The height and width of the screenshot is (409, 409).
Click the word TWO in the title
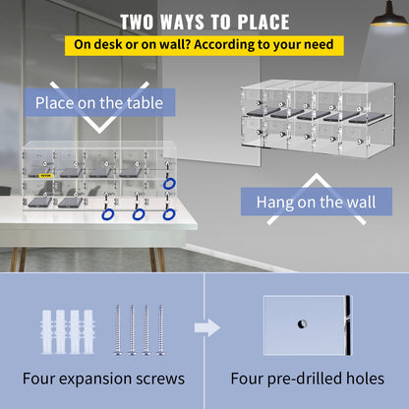coord(142,22)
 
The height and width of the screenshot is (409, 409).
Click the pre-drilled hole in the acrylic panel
coord(296,324)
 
